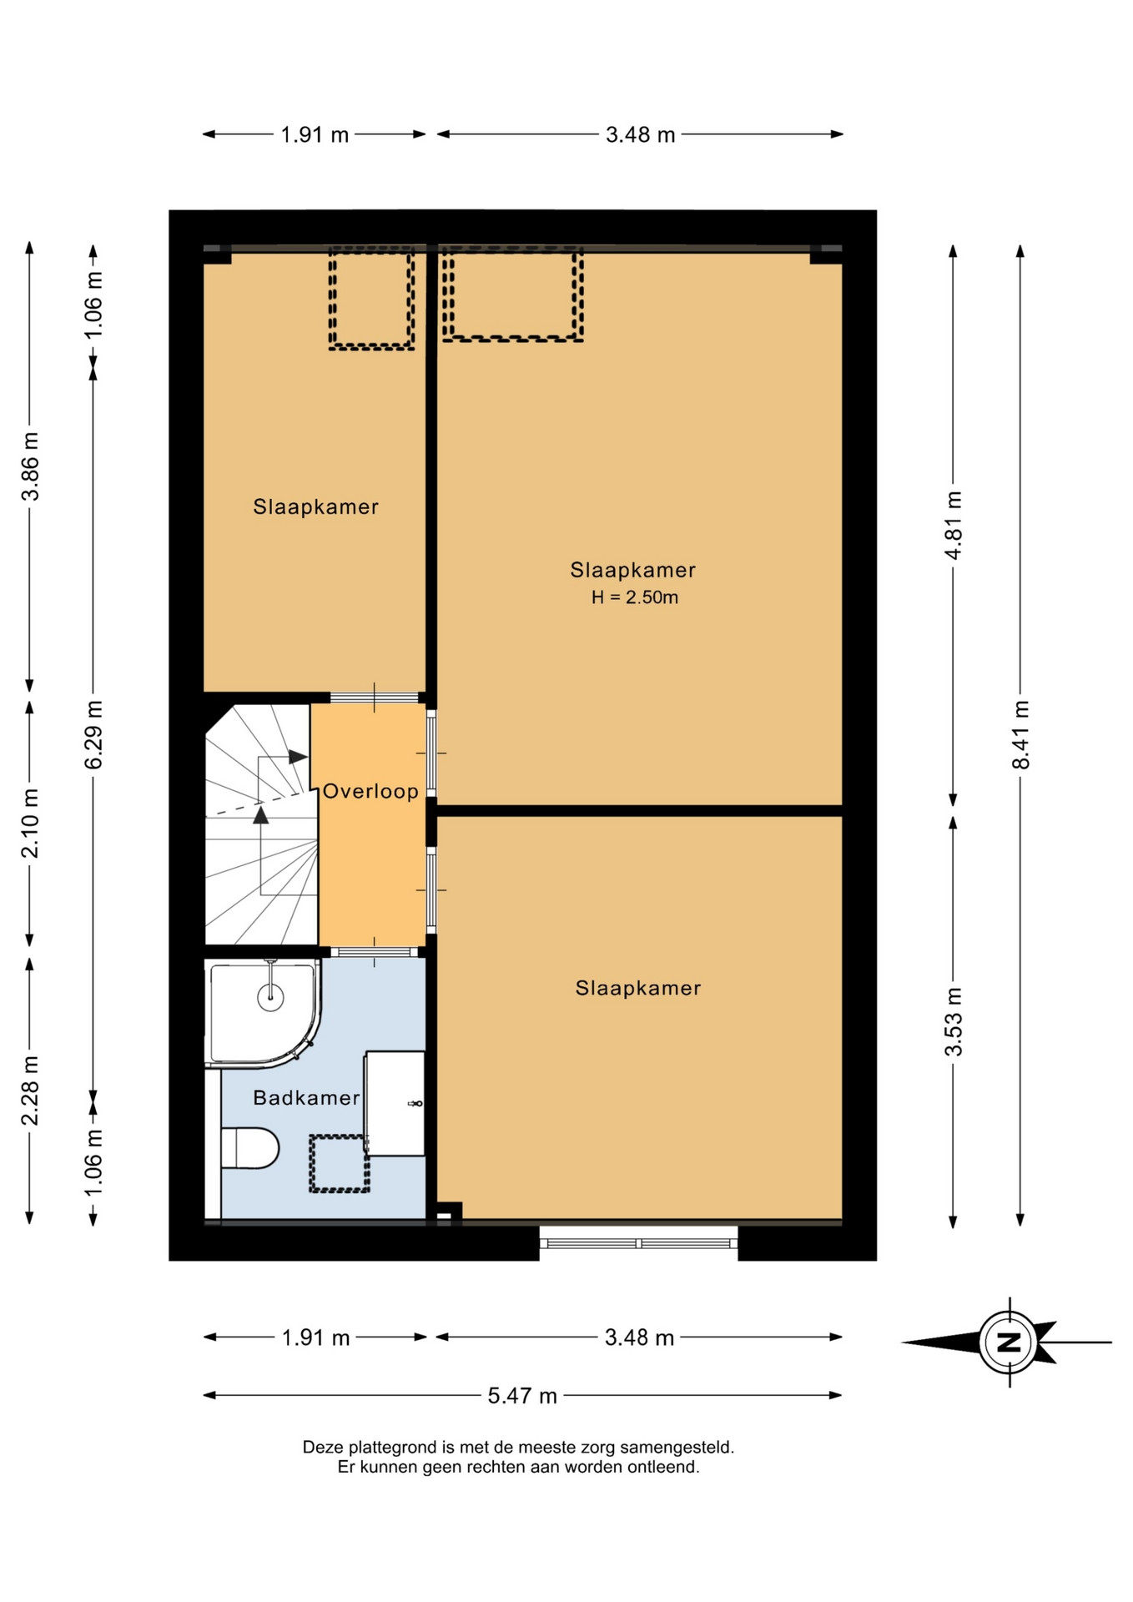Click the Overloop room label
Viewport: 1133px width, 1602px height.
tap(370, 791)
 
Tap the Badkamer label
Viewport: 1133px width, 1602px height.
tap(306, 1097)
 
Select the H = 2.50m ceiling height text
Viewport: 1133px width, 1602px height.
tap(634, 597)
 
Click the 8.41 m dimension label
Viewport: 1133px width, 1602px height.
tap(1020, 735)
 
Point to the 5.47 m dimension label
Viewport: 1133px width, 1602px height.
tap(522, 1396)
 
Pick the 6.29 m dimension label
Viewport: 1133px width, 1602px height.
tap(93, 735)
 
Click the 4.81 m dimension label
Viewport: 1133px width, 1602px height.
tap(953, 526)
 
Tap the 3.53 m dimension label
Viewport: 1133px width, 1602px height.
tap(953, 1022)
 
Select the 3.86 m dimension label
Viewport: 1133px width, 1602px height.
tap(30, 466)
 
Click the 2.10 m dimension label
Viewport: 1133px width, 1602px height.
tap(30, 823)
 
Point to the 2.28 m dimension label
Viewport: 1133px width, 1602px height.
tap(30, 1091)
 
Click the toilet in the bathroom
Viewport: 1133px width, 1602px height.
tap(249, 1148)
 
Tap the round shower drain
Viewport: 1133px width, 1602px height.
tap(270, 996)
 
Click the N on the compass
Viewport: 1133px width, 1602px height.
tap(1010, 1343)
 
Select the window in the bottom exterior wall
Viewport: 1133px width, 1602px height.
tap(638, 1243)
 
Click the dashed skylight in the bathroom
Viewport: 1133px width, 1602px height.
tap(339, 1163)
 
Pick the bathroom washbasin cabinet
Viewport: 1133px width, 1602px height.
tap(395, 1103)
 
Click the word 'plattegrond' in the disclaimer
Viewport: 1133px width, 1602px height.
tap(390, 1448)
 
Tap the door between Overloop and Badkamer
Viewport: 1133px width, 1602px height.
tap(375, 952)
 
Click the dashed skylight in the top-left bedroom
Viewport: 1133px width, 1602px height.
tap(371, 298)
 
